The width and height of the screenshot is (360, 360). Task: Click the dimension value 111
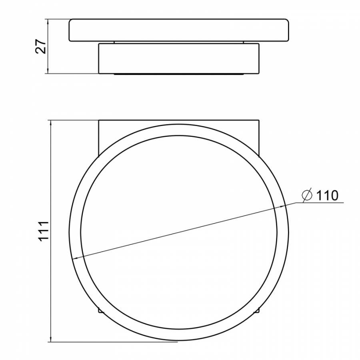[44, 231]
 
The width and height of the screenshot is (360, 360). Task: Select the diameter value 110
[327, 196]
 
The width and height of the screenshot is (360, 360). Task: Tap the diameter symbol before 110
[307, 195]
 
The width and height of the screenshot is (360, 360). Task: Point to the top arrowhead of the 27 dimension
[48, 22]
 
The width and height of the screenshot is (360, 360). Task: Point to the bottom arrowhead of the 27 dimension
[48, 71]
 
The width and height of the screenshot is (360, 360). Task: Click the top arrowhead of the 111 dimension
[51, 123]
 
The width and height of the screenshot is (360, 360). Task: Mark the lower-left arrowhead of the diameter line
[75, 258]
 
